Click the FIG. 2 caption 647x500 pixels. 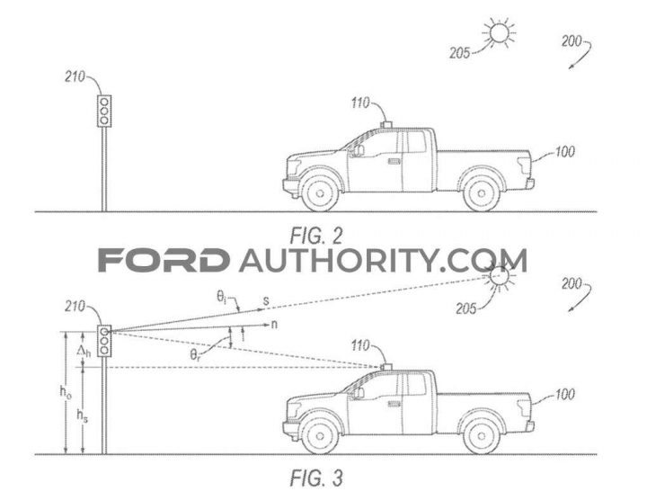coord(316,237)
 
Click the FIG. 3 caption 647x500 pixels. coord(316,478)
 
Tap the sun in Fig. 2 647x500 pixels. coord(500,32)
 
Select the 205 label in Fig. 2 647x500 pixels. coord(460,53)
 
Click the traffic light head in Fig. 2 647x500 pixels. coord(104,111)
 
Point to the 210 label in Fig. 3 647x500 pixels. coord(75,307)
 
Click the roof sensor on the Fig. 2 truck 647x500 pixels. coord(386,125)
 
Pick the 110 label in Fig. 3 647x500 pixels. coord(360,345)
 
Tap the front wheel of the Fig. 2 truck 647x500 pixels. coord(320,192)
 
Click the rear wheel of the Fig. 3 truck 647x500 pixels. coord(481,435)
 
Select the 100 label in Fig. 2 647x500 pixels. coord(564,152)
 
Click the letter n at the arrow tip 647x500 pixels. coord(274,325)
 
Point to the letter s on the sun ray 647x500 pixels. coord(266,301)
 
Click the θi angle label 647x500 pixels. coord(222,297)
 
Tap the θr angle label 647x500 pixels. coord(196,354)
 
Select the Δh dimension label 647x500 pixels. coord(84,352)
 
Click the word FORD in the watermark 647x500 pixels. coord(164,260)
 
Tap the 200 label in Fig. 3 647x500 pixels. coord(572,283)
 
